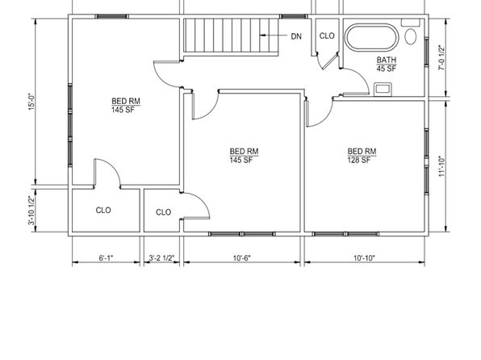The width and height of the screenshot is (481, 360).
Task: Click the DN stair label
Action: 296,36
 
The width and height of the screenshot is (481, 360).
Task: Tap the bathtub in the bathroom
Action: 371,37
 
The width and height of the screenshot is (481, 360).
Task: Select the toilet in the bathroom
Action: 411,36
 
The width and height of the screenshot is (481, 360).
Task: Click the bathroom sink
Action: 383,89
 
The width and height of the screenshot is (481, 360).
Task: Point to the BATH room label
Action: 387,60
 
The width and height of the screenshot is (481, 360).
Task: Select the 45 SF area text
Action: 387,69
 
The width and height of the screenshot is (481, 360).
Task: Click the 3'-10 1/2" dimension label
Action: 32,211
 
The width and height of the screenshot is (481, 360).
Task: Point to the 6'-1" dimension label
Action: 106,257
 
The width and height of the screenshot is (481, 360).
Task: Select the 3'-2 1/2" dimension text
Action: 161,258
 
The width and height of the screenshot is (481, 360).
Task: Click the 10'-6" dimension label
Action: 242,257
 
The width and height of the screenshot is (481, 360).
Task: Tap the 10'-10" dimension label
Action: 364,257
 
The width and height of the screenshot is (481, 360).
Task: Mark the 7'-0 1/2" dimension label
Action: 441,57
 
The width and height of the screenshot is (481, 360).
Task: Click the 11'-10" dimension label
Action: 441,165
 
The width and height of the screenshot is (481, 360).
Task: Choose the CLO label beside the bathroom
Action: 327,36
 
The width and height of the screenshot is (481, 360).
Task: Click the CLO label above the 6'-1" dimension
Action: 103,210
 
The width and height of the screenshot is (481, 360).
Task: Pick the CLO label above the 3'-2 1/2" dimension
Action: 163,212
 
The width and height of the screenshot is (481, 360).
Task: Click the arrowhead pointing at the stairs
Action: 262,36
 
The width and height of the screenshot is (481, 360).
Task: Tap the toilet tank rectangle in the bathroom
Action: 411,22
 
